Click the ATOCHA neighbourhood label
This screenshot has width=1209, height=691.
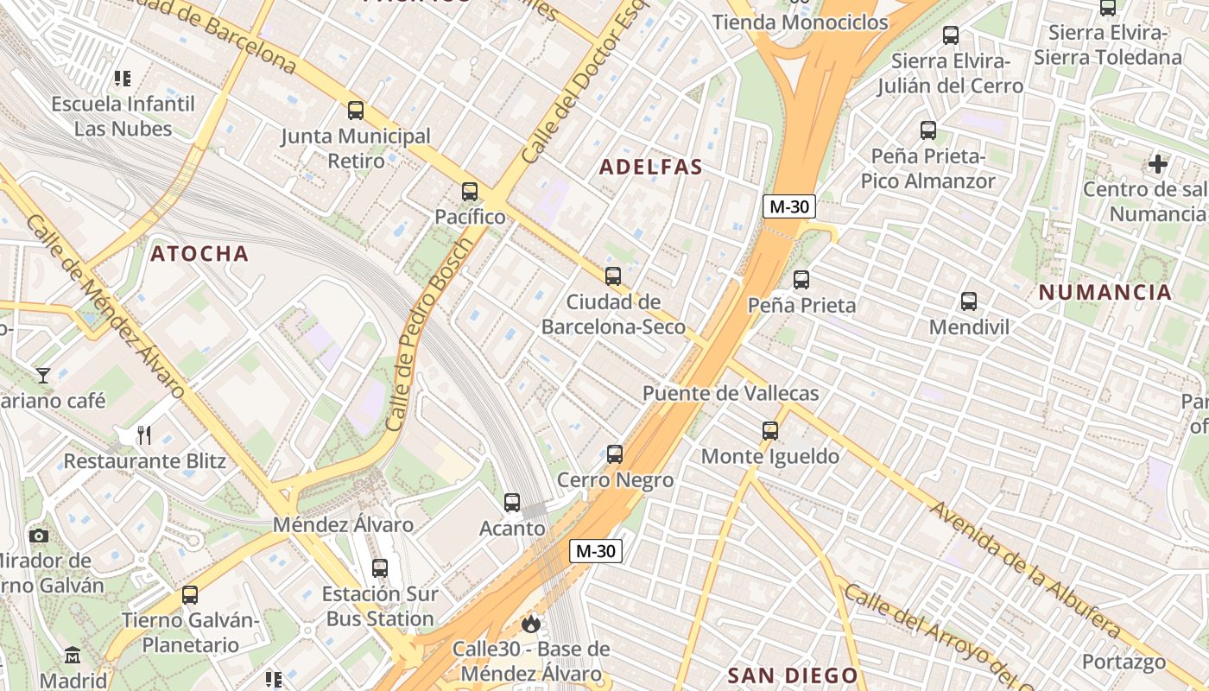pos(199,254)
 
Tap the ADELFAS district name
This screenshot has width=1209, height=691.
pos(651,168)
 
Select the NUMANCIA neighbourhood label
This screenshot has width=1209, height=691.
pos(1105,292)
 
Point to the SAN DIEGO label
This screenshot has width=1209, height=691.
pos(793,675)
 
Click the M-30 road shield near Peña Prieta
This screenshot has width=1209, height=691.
pos(789,207)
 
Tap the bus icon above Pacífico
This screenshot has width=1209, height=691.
pos(470,192)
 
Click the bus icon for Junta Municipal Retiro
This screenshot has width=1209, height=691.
pos(356,111)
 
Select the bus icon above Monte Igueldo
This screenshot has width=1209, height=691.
pos(770,430)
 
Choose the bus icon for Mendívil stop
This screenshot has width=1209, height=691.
pos(969,301)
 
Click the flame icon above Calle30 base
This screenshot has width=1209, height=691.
pos(531,623)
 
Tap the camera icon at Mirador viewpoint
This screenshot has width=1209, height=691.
pos(39,536)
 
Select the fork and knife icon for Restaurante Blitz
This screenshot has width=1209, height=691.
pos(144,435)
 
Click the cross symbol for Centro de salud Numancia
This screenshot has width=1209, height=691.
pos(1158,163)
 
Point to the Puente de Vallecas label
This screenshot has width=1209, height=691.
pos(731,394)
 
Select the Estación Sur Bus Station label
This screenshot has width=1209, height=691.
pos(380,606)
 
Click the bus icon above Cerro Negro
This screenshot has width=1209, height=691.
pos(615,453)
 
